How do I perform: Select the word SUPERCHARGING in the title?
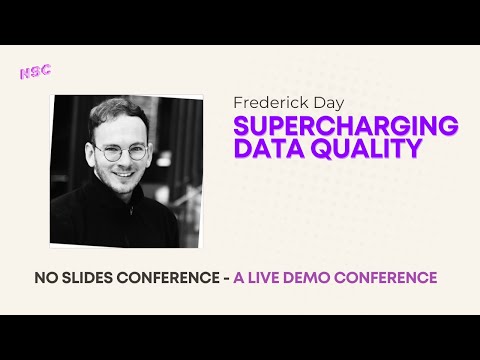click(x=345, y=126)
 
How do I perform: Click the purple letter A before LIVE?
click(x=239, y=277)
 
